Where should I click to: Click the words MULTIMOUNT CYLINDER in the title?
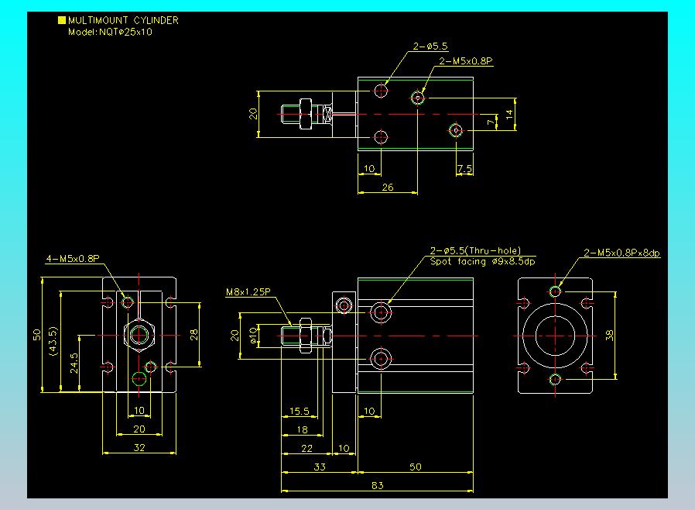click(123, 20)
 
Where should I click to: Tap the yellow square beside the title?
click(62, 20)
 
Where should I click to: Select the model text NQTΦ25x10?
click(125, 32)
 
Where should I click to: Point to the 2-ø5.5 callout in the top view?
click(430, 47)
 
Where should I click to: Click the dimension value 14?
click(509, 115)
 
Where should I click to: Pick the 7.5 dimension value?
click(464, 169)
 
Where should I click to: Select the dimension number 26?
click(388, 188)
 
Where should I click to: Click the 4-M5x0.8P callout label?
click(73, 258)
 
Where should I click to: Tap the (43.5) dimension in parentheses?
click(54, 341)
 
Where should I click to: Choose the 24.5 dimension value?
click(74, 363)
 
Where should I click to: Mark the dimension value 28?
click(193, 335)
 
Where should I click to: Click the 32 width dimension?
click(139, 447)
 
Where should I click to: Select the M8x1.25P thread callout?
click(248, 292)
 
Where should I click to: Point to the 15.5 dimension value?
click(300, 411)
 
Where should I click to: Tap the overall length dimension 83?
click(377, 485)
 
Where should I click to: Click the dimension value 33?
click(320, 467)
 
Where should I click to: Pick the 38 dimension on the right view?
click(609, 335)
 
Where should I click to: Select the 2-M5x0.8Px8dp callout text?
click(621, 253)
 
